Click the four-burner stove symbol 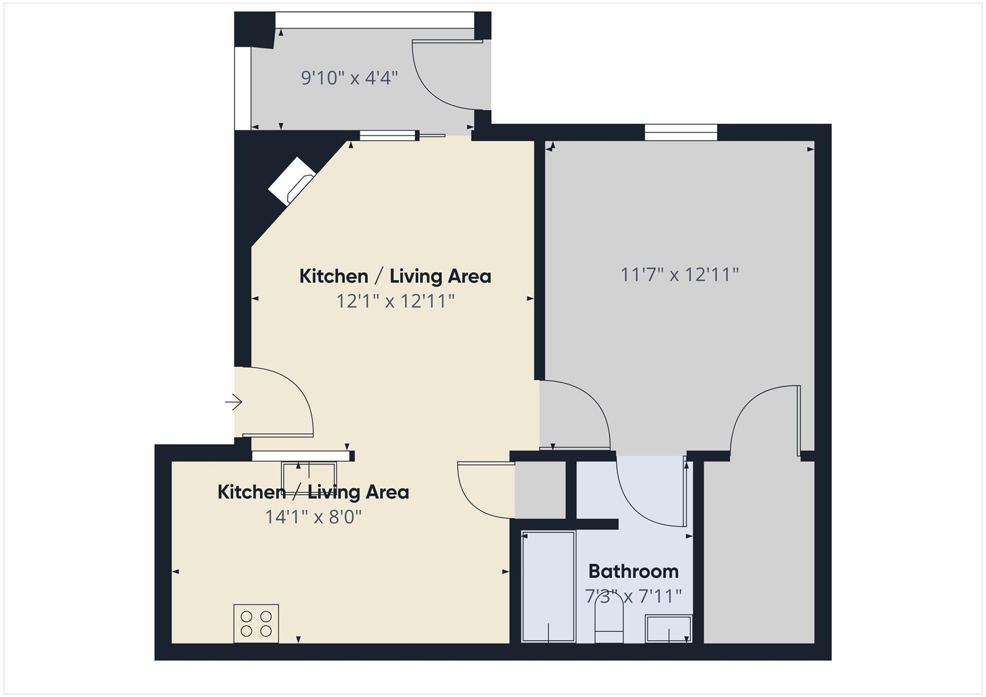click(256, 623)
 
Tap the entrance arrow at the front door click(234, 402)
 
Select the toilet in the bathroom click(609, 621)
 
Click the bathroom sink click(669, 629)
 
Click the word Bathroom click(633, 571)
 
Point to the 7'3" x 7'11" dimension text click(633, 596)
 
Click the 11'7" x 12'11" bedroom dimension click(679, 275)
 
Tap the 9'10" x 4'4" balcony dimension click(350, 77)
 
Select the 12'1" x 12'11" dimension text click(395, 301)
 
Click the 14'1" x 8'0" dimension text click(313, 517)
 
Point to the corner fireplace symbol click(292, 181)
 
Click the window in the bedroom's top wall click(681, 132)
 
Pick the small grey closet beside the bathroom click(540, 490)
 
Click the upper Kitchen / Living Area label click(395, 276)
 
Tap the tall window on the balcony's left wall click(243, 88)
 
